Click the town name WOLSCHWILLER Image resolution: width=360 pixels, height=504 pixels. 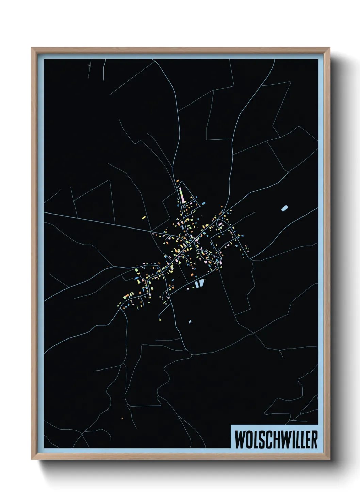pyautogui.click(x=276, y=440)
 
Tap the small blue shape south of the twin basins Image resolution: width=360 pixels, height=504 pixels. pyautogui.click(x=190, y=321)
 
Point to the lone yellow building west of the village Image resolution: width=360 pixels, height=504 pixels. pyautogui.click(x=144, y=217)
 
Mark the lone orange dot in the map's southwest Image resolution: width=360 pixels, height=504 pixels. pyautogui.click(x=122, y=418)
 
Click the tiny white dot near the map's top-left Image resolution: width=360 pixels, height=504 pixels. pyautogui.click(x=89, y=65)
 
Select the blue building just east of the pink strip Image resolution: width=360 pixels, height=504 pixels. pyautogui.click(x=204, y=203)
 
